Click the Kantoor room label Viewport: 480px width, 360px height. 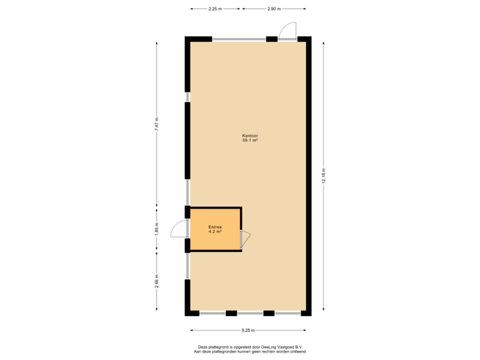pyautogui.click(x=250, y=136)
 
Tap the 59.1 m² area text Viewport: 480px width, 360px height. pyautogui.click(x=250, y=141)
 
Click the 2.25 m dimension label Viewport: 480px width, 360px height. pyautogui.click(x=215, y=9)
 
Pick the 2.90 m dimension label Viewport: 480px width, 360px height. pyautogui.click(x=274, y=9)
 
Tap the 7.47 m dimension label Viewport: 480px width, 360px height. pyautogui.click(x=157, y=125)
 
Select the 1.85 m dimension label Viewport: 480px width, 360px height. pyautogui.click(x=157, y=228)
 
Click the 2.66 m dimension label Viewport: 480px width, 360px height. pyautogui.click(x=157, y=281)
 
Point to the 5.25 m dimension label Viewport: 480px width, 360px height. pyautogui.click(x=249, y=330)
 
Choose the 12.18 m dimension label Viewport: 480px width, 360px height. pyautogui.click(x=323, y=176)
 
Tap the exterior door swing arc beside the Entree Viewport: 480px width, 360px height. pyautogui.click(x=177, y=229)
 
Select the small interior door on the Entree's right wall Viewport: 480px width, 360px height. pyautogui.click(x=245, y=239)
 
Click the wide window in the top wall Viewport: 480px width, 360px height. pyautogui.click(x=239, y=39)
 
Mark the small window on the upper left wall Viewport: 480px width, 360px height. pyautogui.click(x=187, y=97)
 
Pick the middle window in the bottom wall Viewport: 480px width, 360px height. pyautogui.click(x=250, y=313)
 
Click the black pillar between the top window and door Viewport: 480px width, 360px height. pyautogui.click(x=271, y=39)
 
